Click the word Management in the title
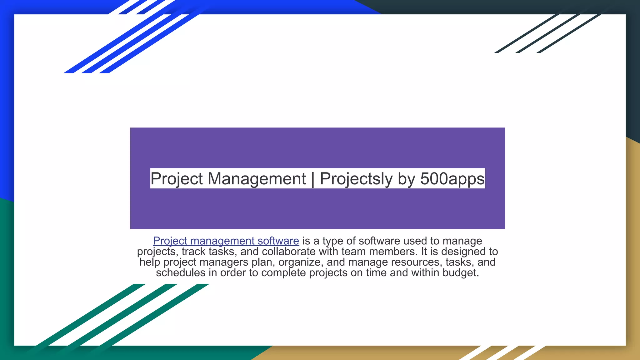coord(257,179)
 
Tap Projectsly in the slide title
coord(356,179)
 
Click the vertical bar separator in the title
coord(313,179)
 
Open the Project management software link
coord(226,241)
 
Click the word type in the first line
coord(333,241)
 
